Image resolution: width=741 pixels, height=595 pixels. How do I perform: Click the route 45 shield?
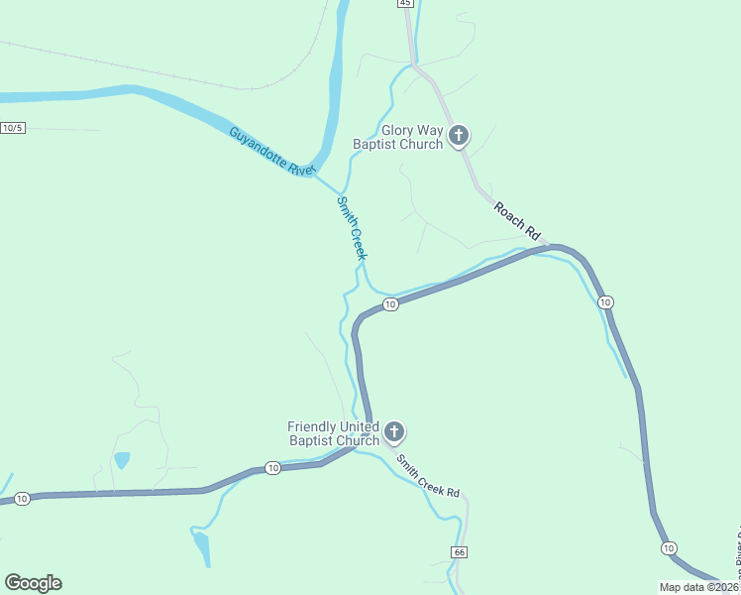click(x=405, y=4)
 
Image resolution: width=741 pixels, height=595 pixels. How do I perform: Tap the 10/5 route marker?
click(x=12, y=128)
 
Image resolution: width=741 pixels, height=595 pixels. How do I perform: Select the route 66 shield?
click(x=458, y=551)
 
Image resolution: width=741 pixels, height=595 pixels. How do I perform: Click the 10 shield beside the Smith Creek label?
click(x=390, y=304)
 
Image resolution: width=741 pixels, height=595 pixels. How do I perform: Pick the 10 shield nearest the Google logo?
click(x=22, y=498)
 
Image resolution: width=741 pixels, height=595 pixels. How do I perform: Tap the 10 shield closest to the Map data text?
click(x=668, y=548)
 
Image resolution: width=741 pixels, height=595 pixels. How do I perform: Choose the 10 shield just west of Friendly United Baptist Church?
click(x=272, y=467)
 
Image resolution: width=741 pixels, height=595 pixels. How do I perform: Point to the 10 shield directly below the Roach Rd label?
click(x=606, y=301)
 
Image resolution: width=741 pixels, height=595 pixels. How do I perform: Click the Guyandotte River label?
click(x=270, y=152)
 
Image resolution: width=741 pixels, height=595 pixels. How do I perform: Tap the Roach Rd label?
click(x=520, y=221)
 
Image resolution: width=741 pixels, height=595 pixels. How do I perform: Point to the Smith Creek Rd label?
click(x=428, y=476)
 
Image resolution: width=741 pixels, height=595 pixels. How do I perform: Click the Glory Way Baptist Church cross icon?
click(x=458, y=136)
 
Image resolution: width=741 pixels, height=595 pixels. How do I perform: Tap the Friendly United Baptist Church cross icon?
click(x=394, y=431)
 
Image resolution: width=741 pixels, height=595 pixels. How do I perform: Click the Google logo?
click(x=34, y=583)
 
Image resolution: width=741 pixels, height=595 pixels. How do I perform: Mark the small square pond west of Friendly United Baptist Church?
click(x=122, y=460)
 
